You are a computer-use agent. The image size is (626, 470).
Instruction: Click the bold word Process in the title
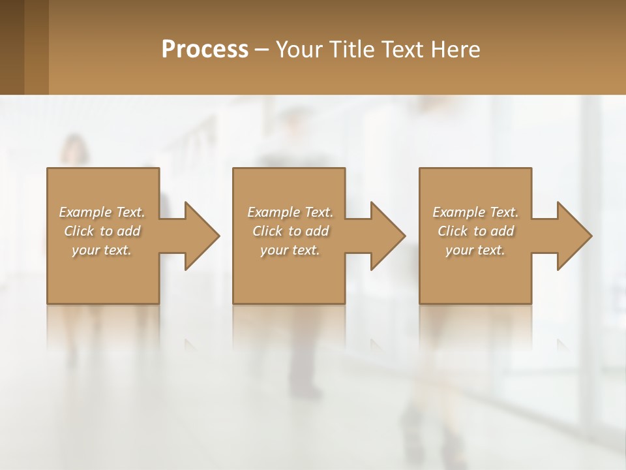click(205, 50)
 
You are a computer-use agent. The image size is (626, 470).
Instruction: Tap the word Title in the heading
click(353, 50)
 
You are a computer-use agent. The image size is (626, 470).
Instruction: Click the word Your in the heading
click(301, 50)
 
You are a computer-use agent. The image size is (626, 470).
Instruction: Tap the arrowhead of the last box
click(573, 236)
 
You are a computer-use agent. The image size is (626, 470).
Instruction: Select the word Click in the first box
click(80, 231)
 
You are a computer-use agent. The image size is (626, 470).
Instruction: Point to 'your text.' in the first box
click(102, 250)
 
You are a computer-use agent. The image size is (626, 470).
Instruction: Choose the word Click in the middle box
click(268, 231)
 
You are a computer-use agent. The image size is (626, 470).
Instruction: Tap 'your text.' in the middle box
click(290, 250)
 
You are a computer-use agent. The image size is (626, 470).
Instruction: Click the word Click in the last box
click(453, 231)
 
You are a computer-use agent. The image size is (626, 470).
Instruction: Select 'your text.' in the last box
click(475, 250)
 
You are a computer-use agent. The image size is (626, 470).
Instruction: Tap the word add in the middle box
click(317, 231)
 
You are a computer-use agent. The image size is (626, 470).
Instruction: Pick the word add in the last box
click(502, 231)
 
